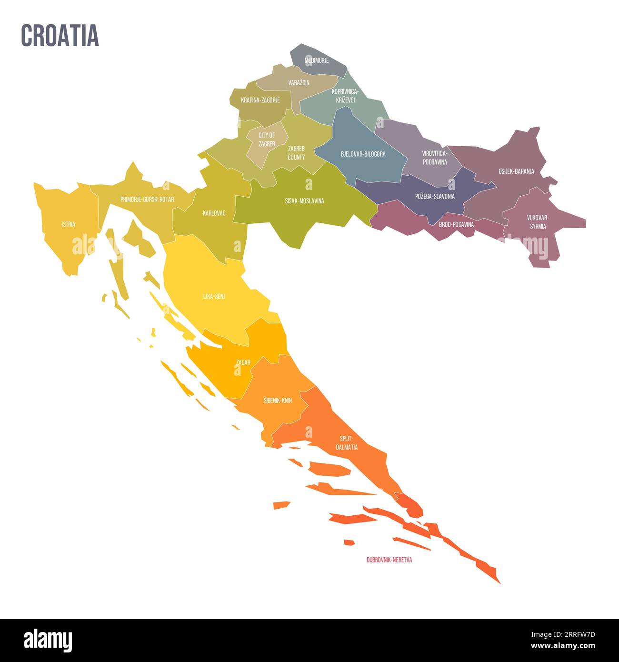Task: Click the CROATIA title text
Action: [60, 35]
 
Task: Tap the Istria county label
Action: [68, 224]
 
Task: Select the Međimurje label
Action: [317, 61]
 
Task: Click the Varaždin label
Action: [299, 83]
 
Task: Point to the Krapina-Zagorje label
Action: [260, 100]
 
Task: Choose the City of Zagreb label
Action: [267, 139]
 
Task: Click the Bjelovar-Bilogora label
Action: [363, 154]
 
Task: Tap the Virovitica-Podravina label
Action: [434, 158]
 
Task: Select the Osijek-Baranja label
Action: [516, 171]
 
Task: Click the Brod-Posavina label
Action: [456, 224]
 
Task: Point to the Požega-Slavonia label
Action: [435, 196]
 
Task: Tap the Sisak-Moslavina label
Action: [304, 201]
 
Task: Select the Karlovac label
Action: [214, 213]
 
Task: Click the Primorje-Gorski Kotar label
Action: [147, 200]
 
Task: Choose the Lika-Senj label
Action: [214, 296]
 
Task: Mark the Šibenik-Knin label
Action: [278, 401]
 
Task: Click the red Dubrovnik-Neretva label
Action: [389, 560]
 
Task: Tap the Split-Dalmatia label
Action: [346, 443]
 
